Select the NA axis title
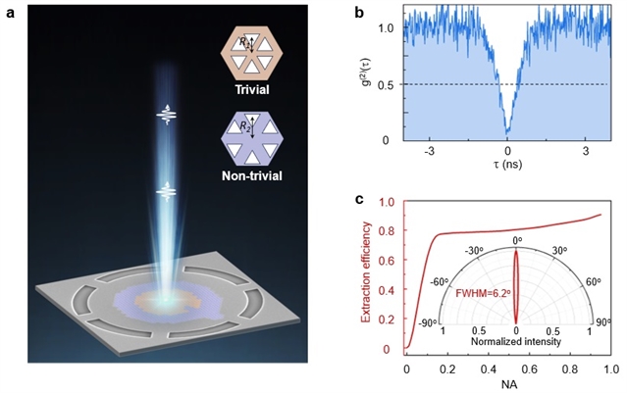507,385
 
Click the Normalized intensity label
517,343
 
